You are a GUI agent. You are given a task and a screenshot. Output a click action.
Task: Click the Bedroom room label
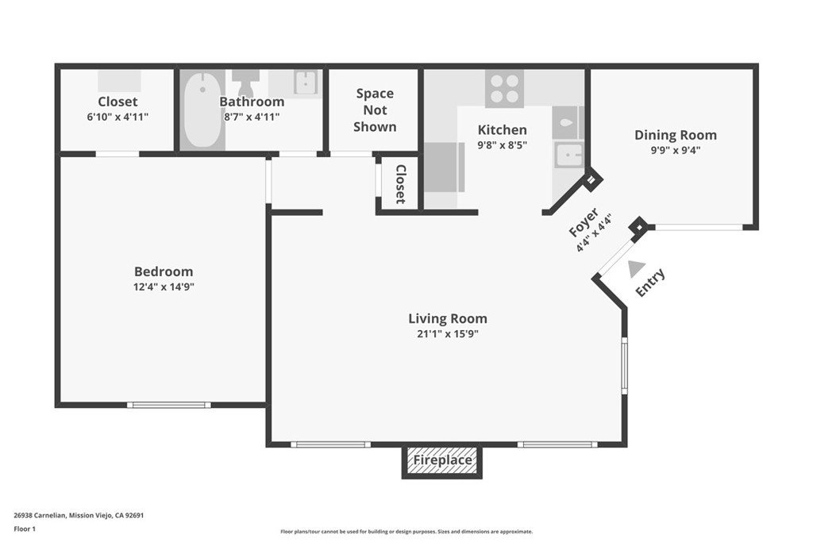(x=164, y=271)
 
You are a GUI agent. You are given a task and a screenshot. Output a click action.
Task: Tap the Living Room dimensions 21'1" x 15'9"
(x=448, y=334)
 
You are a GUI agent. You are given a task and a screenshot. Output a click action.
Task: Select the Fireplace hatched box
(x=442, y=460)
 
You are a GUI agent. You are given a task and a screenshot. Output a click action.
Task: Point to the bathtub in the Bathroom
(x=202, y=110)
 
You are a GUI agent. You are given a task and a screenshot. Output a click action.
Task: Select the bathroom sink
(x=306, y=83)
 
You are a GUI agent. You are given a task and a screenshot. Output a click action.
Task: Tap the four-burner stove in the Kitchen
(x=504, y=89)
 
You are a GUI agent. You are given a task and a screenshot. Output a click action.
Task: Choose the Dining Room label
(x=676, y=135)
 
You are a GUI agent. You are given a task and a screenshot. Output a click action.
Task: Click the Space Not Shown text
(x=375, y=110)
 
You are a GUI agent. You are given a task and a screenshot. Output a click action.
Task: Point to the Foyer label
(x=584, y=222)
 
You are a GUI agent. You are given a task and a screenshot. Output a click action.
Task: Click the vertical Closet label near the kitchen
(x=400, y=184)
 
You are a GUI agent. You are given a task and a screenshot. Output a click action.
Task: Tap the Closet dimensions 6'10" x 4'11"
(x=118, y=117)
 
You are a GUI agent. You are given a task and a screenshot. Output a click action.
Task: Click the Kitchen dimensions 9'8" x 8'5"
(x=502, y=145)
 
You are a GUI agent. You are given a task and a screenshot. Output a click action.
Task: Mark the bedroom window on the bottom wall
(x=169, y=405)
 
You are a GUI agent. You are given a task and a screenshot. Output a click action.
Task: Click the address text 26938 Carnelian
(x=40, y=516)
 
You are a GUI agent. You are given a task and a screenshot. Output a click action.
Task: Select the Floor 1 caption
(x=25, y=529)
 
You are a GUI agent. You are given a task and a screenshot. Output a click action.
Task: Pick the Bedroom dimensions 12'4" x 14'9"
(x=164, y=287)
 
